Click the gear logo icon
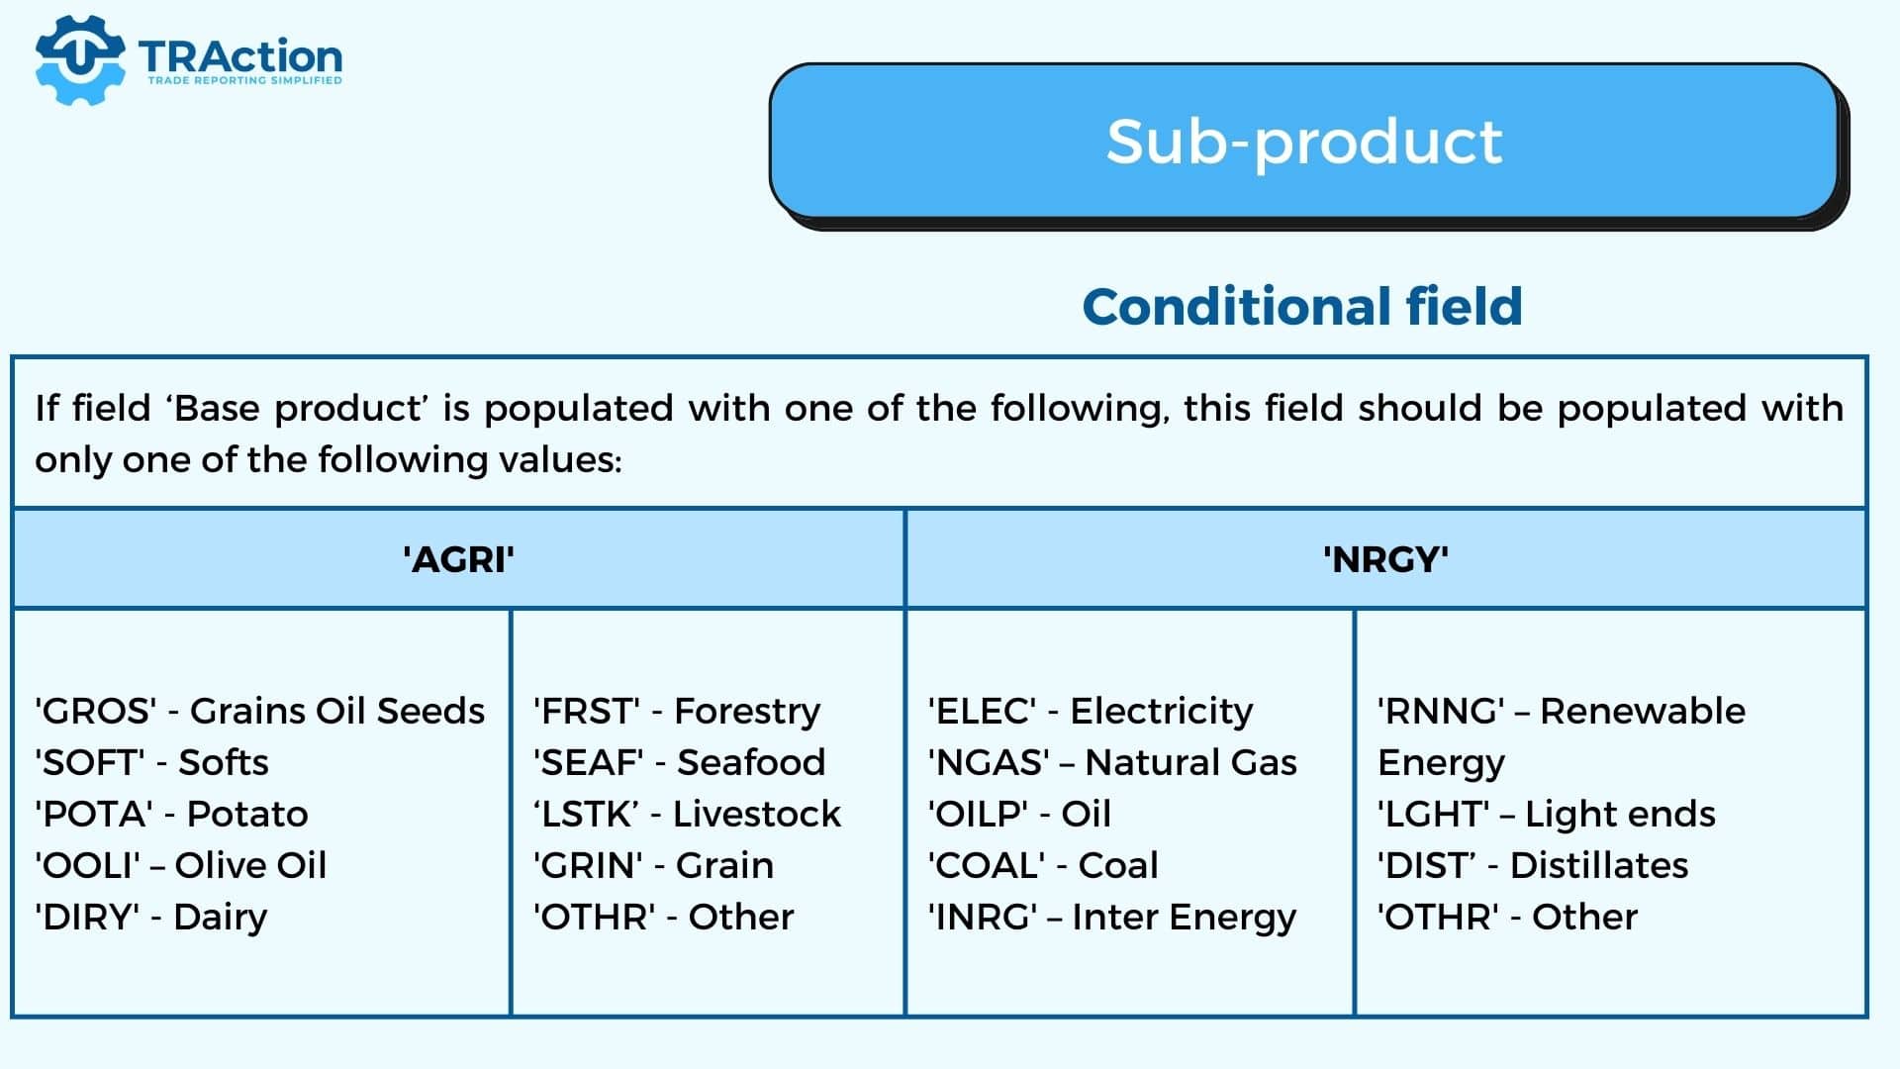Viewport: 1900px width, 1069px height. (x=80, y=59)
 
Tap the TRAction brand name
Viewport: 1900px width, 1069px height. (x=240, y=56)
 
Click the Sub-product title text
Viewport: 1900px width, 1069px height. (x=1304, y=142)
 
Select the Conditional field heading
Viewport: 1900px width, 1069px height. (x=1302, y=306)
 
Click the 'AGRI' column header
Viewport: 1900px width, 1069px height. (x=458, y=559)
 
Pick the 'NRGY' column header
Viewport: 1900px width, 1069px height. (x=1385, y=559)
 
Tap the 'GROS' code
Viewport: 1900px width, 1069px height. (x=96, y=711)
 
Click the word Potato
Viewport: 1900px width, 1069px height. (x=247, y=814)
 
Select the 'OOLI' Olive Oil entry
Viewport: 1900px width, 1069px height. (x=181, y=865)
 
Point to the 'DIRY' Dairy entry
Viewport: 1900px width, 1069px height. (x=151, y=918)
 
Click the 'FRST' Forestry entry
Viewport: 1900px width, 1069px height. (x=677, y=712)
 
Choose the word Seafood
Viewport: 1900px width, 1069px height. (x=751, y=762)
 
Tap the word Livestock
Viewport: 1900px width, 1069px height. (x=757, y=814)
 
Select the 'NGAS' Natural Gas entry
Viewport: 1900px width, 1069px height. (x=1112, y=762)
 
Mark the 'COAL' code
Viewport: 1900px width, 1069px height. (x=987, y=865)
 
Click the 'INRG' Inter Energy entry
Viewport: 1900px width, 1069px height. (x=1112, y=918)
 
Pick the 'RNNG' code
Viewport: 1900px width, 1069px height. (x=1442, y=711)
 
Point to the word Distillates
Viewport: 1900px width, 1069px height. (x=1599, y=865)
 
